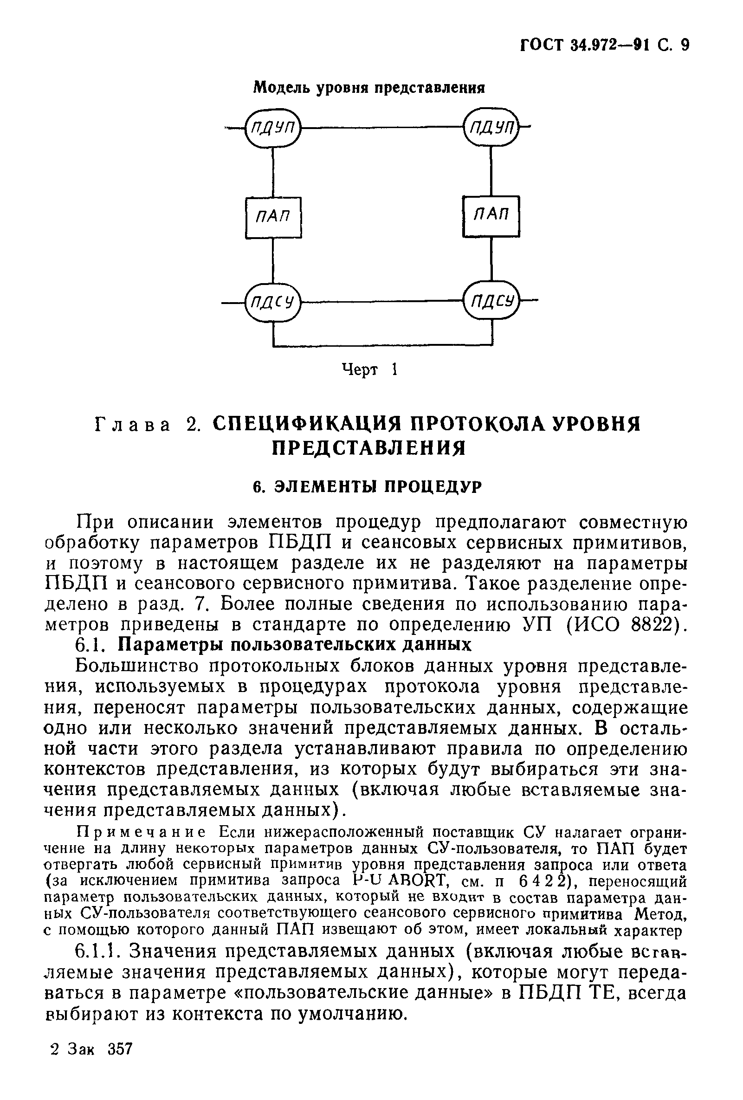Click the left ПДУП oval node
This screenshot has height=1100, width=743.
pyautogui.click(x=273, y=127)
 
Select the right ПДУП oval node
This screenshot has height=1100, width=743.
pyautogui.click(x=491, y=127)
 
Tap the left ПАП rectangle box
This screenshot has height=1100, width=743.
pyautogui.click(x=273, y=217)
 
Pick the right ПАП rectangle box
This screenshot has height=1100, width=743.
pyautogui.click(x=491, y=216)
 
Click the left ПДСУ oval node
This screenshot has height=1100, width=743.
pyautogui.click(x=273, y=302)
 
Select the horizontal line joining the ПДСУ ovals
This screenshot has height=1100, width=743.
pyautogui.click(x=381, y=302)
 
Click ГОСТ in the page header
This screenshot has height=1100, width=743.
pyautogui.click(x=542, y=45)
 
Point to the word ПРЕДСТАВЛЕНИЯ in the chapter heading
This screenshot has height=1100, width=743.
pyautogui.click(x=368, y=448)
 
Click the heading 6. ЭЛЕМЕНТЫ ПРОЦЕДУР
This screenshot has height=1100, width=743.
pyautogui.click(x=367, y=486)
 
